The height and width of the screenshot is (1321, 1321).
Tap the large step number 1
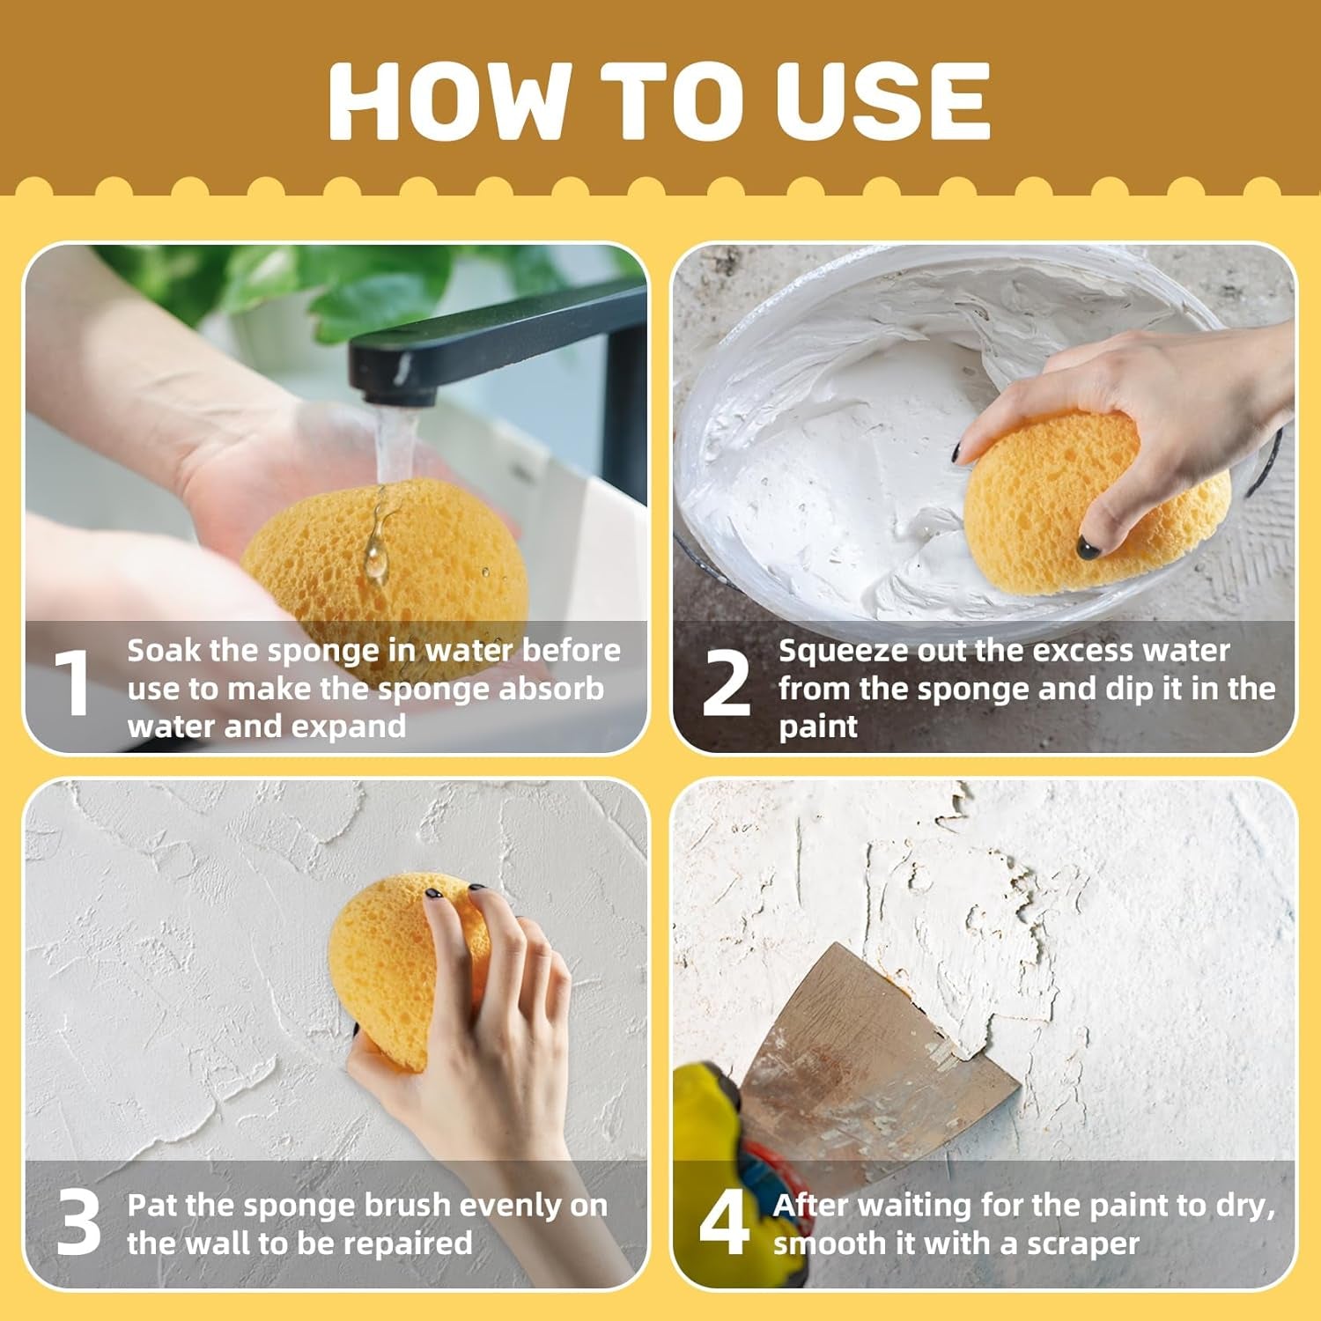pyautogui.click(x=73, y=683)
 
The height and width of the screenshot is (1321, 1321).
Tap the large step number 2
pyautogui.click(x=726, y=683)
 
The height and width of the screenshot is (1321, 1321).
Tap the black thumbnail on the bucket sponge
pyautogui.click(x=1089, y=549)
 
